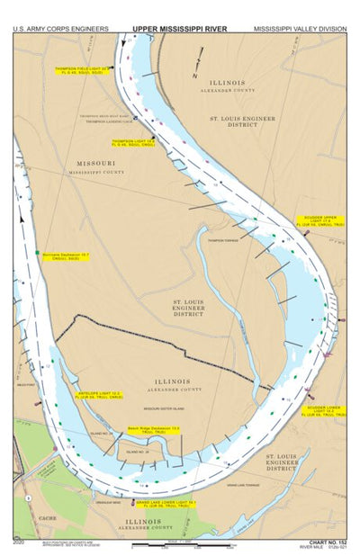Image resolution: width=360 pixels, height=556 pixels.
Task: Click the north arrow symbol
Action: [x=196, y=67]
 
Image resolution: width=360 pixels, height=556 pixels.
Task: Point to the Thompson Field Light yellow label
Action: [x=85, y=69]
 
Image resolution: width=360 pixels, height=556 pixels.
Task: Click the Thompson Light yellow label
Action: [x=134, y=143]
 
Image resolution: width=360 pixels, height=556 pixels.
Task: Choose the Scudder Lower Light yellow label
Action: [x=319, y=408]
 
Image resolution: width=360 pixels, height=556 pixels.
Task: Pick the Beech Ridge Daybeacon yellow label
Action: [x=149, y=429]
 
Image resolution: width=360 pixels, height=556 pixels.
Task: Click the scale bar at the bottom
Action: [x=180, y=542]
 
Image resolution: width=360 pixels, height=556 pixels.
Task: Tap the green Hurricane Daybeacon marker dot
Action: [x=38, y=254]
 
